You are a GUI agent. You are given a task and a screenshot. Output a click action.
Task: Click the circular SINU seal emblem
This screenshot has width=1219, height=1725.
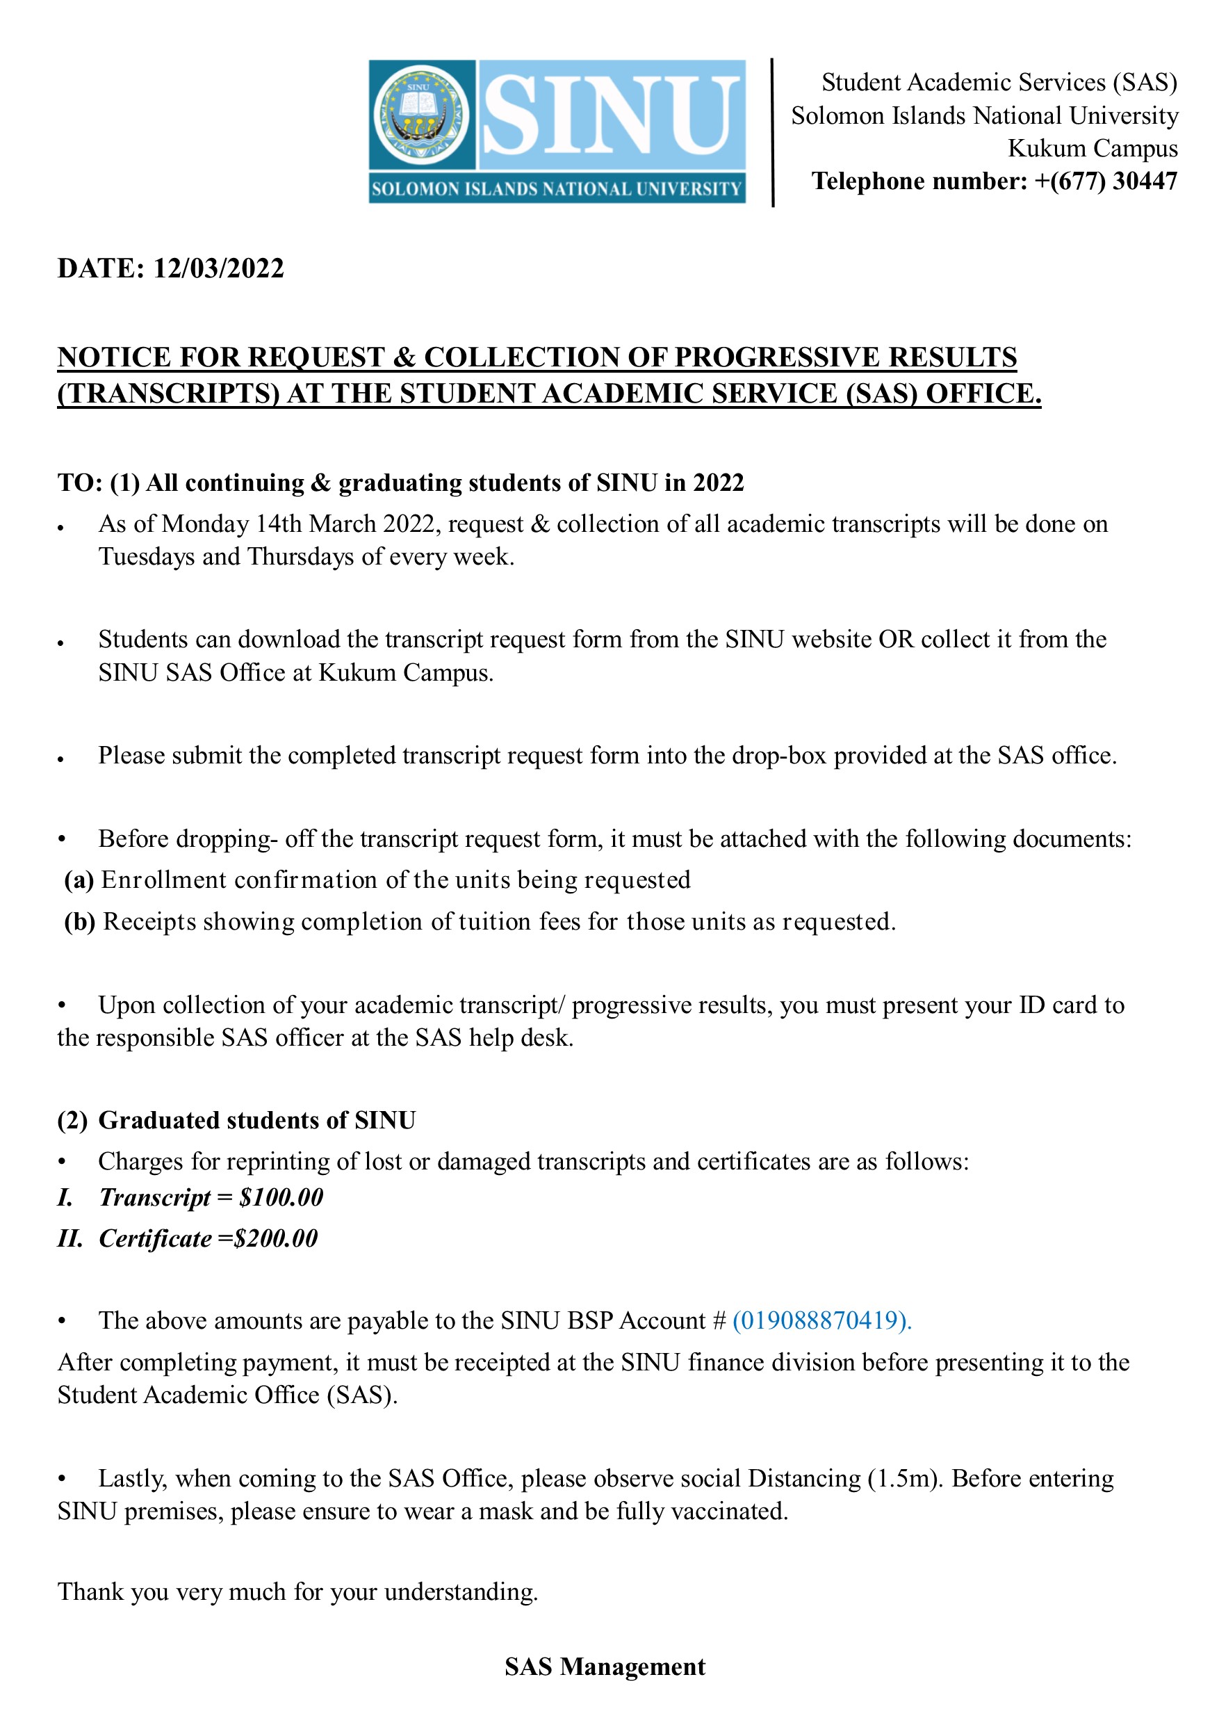tap(421, 115)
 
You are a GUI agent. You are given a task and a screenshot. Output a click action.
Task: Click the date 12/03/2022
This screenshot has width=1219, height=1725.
tap(218, 269)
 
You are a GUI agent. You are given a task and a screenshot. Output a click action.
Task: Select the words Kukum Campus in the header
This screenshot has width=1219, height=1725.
tap(1092, 148)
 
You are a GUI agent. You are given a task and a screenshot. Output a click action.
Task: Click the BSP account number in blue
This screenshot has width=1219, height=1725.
tap(821, 1320)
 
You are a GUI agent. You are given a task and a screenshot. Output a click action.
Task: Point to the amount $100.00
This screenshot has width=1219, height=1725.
tap(281, 1197)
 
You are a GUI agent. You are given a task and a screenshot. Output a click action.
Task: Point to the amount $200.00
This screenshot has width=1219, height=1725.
tap(276, 1238)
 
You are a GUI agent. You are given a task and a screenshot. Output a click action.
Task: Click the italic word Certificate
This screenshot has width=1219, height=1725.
tap(155, 1238)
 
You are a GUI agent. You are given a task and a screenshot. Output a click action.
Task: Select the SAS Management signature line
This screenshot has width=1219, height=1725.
tap(605, 1667)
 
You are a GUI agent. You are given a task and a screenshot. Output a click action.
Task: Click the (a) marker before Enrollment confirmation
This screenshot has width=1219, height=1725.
tap(79, 880)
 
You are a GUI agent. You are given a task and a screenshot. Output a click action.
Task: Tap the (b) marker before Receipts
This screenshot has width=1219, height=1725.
tap(80, 921)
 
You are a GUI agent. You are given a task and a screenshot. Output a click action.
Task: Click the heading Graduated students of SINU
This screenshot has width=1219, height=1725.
tap(257, 1120)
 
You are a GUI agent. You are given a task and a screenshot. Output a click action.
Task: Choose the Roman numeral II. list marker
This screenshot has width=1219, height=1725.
tap(70, 1238)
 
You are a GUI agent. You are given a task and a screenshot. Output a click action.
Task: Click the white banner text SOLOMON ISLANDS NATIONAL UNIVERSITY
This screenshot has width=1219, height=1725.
tap(557, 188)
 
